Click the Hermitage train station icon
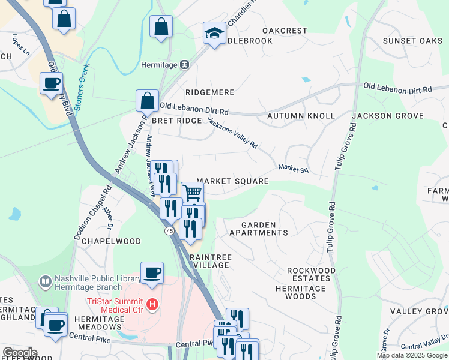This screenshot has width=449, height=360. pyautogui.click(x=185, y=65)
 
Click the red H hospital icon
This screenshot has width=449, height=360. pyautogui.click(x=152, y=305)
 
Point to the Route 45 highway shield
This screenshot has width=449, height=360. pyautogui.click(x=170, y=231)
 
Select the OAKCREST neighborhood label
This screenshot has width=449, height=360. pyautogui.click(x=285, y=30)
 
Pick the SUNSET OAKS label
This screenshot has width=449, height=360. pyautogui.click(x=408, y=41)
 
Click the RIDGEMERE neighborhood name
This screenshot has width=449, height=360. pyautogui.click(x=209, y=93)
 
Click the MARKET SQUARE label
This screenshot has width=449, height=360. pyautogui.click(x=232, y=181)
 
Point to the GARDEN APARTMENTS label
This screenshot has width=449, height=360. pyautogui.click(x=264, y=229)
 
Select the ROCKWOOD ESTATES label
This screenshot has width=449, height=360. pyautogui.click(x=319, y=275)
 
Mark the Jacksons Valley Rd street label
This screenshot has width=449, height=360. pyautogui.click(x=232, y=132)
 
